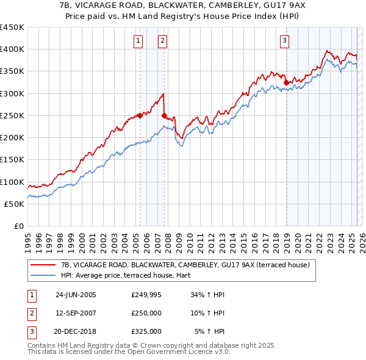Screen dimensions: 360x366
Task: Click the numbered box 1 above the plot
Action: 139,41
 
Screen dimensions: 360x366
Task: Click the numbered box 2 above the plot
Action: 163,41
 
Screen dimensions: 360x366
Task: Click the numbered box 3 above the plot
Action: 285,41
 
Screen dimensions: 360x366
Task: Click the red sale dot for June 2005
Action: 140,115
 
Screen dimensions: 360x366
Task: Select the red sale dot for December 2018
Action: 286,82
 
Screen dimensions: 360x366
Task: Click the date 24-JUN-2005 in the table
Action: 76,294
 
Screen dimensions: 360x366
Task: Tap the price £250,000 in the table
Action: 146,313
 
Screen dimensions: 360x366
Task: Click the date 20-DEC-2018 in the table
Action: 76,331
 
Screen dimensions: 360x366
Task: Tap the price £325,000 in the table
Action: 146,331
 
